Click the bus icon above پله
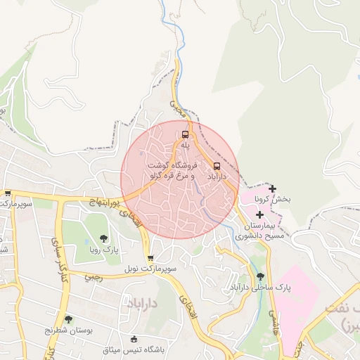pos(186,134)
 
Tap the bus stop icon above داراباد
pos(216,167)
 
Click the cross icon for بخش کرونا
pos(272,188)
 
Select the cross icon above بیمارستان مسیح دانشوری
pos(259,214)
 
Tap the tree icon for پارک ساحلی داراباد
pos(261,276)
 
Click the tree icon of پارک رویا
pos(103,238)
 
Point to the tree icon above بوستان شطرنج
pos(68,319)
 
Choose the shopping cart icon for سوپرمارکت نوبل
pos(150,258)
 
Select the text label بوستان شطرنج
pos(68,330)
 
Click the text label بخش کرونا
pos(273,200)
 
